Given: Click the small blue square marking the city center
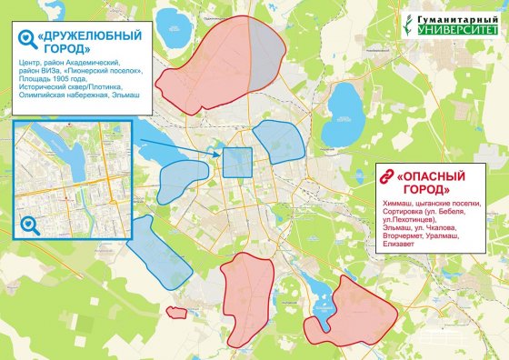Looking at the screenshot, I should pyautogui.click(x=237, y=163).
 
